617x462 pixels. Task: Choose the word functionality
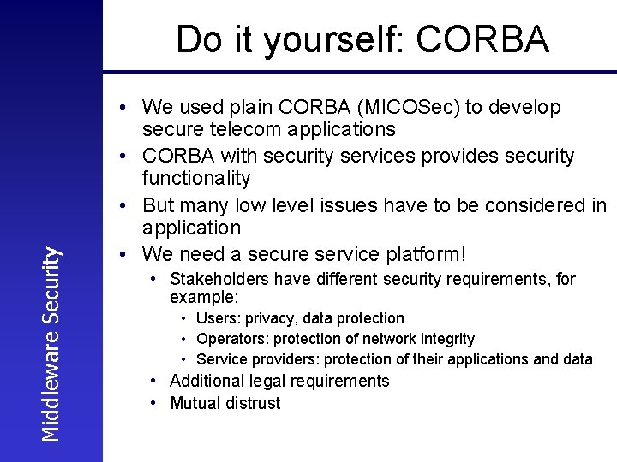pyautogui.click(x=196, y=178)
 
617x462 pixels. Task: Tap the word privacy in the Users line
pyautogui.click(x=272, y=318)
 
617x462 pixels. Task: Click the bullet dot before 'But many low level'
pyautogui.click(x=125, y=205)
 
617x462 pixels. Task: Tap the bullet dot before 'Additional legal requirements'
pyautogui.click(x=153, y=381)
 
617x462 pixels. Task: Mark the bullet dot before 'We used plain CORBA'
pyautogui.click(x=125, y=107)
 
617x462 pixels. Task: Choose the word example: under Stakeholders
pyautogui.click(x=204, y=297)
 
